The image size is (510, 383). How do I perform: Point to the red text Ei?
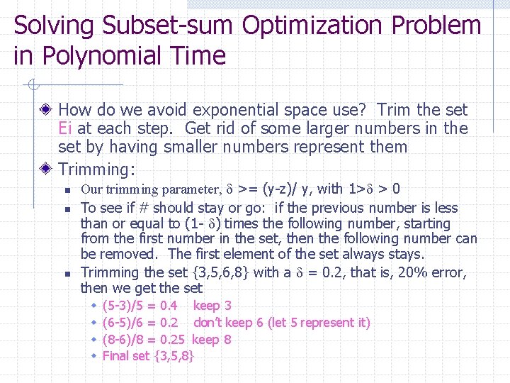tap(65, 128)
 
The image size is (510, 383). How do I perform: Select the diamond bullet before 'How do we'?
tap(47, 110)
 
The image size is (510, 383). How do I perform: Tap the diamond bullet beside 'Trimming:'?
tap(47, 170)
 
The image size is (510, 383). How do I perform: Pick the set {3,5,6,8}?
tap(222, 272)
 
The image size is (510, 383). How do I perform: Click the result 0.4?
tap(169, 306)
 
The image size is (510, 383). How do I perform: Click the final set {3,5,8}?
tap(174, 355)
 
